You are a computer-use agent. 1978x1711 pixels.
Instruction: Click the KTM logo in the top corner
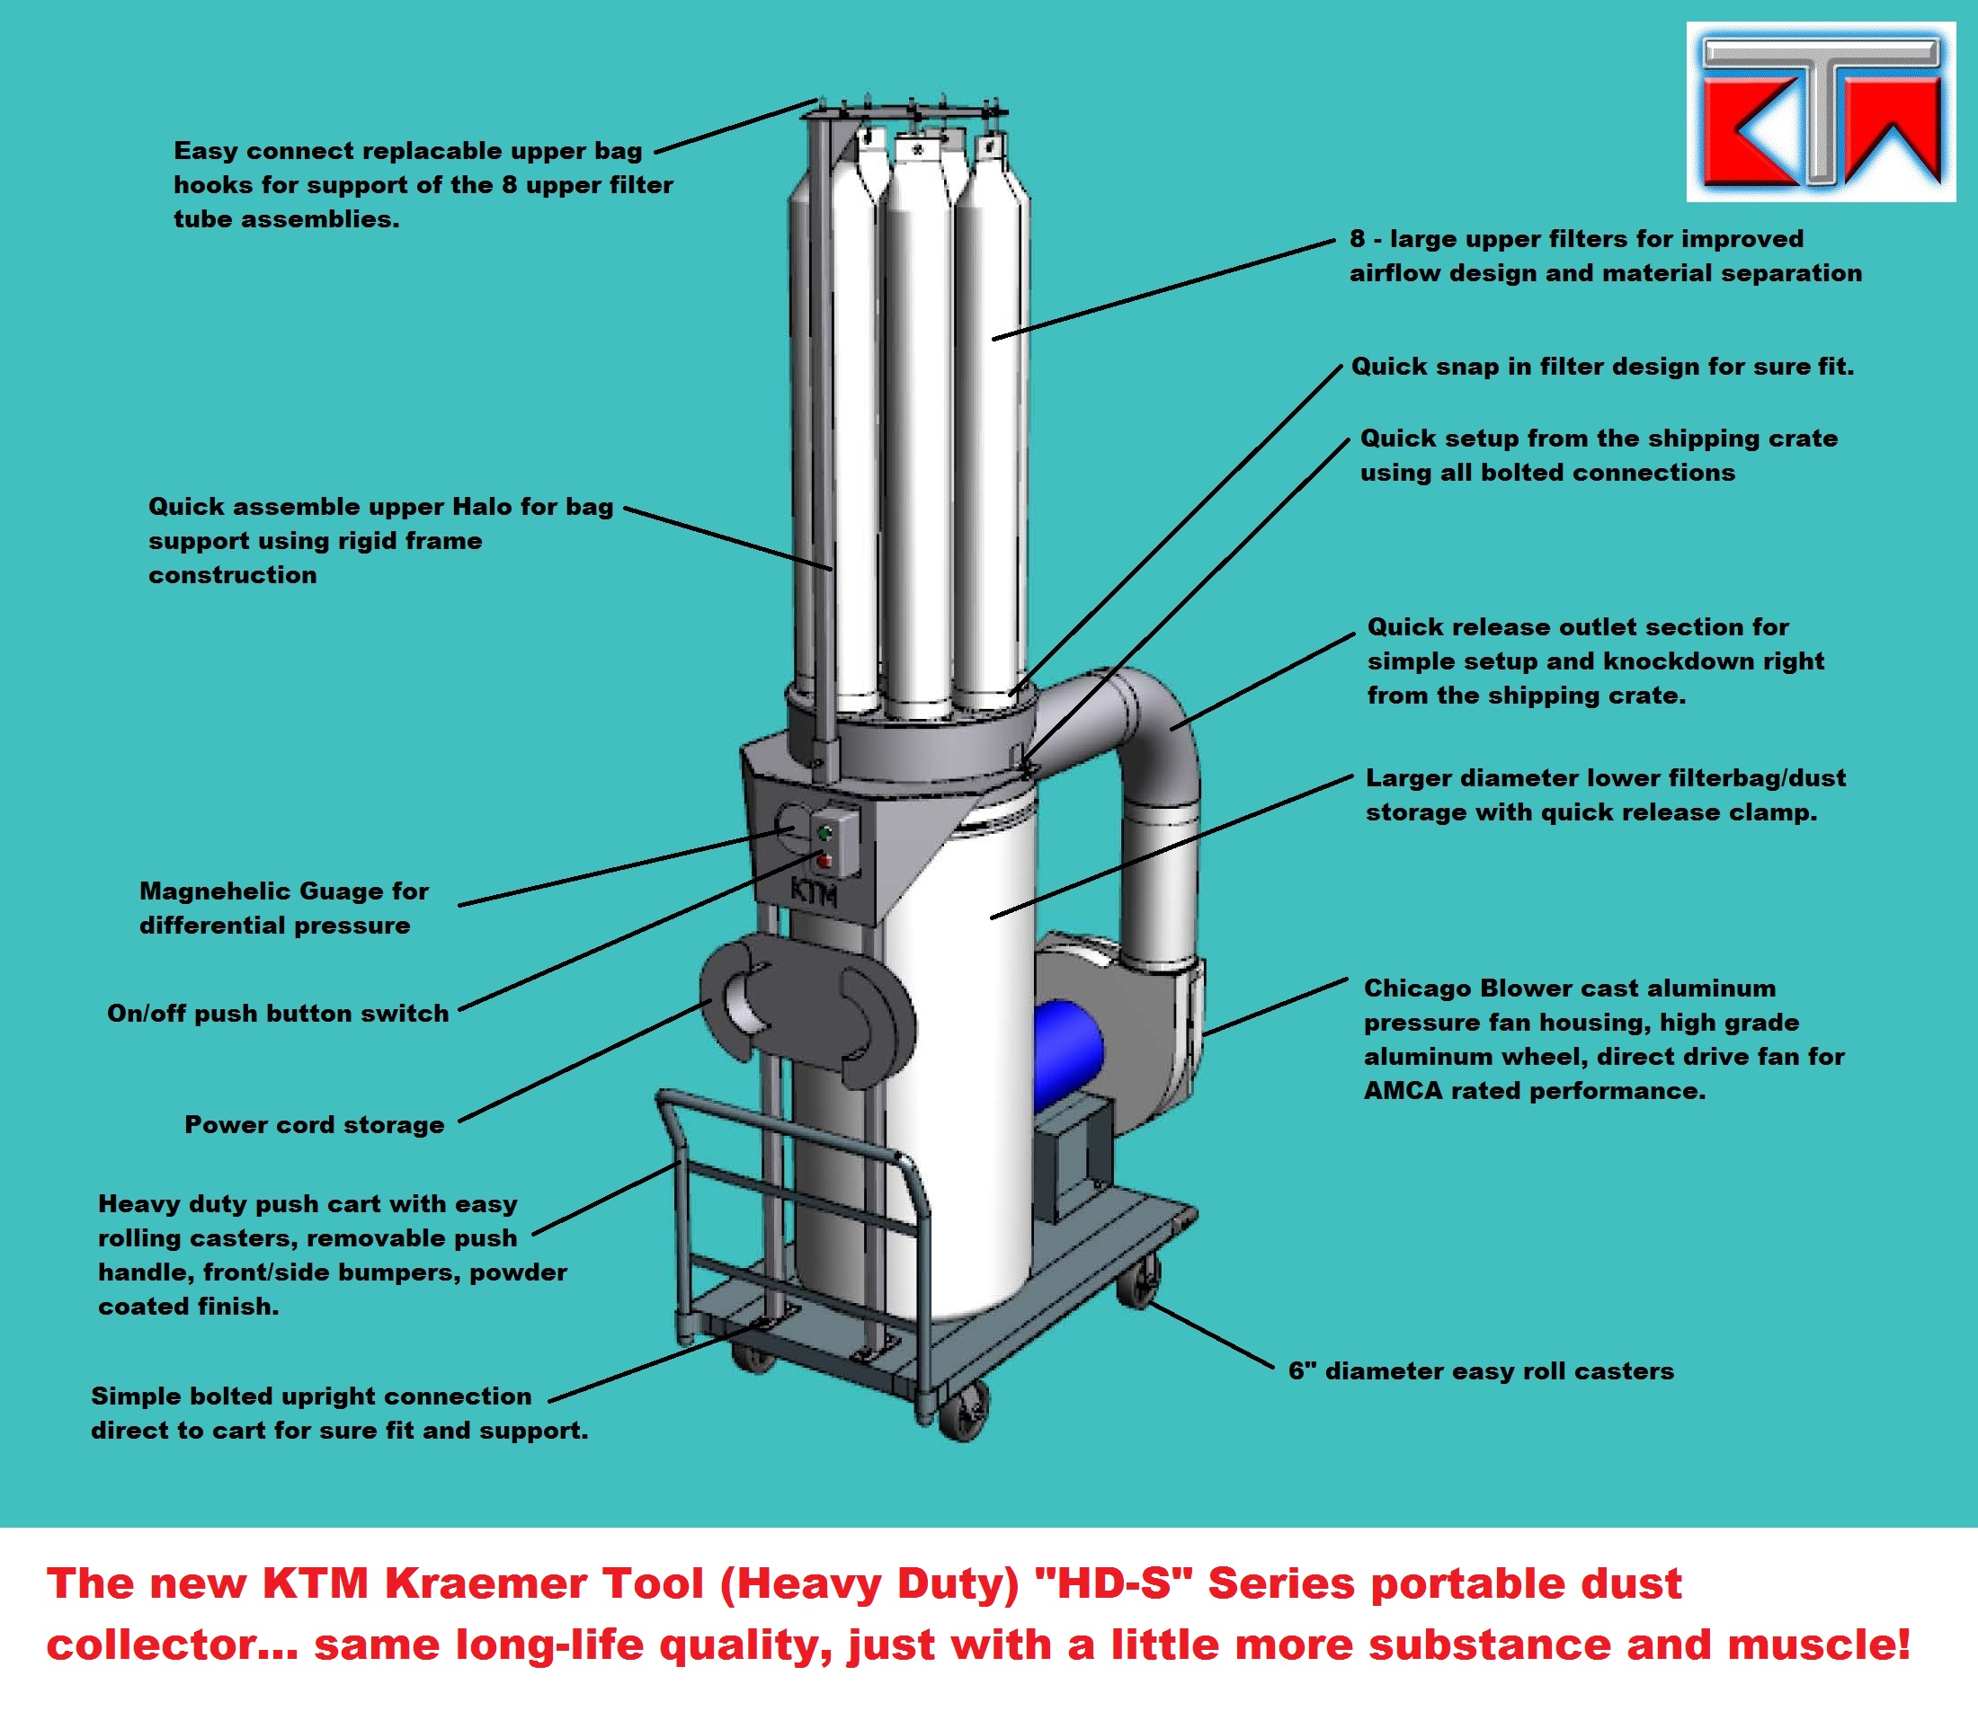pos(1821,111)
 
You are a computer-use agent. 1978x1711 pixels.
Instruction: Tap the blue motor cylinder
pos(1068,1055)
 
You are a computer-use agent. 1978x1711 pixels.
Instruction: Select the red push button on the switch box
pos(824,862)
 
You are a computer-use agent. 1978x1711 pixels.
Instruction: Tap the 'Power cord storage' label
pos(314,1125)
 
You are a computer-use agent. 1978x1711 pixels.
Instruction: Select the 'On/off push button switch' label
pos(278,1013)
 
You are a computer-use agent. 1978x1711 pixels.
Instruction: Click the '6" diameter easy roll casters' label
pos(1481,1371)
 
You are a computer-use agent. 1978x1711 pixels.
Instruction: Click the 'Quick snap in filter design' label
pos(1601,367)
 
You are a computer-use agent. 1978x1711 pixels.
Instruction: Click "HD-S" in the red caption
pos(1114,1584)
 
